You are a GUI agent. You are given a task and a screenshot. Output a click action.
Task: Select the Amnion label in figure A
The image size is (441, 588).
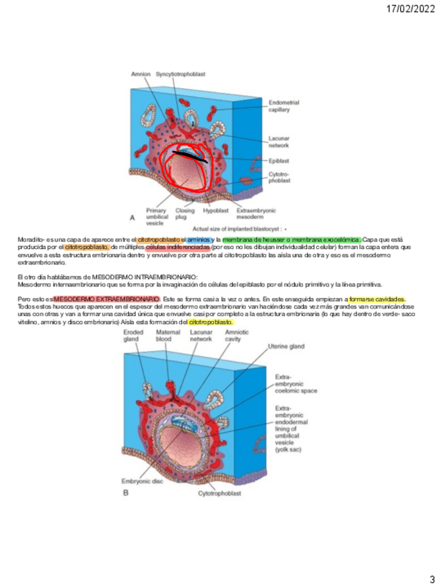click(x=141, y=73)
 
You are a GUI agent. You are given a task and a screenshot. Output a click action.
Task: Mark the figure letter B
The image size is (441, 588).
click(x=126, y=493)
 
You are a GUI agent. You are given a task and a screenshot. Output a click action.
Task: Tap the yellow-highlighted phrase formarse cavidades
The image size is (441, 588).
click(x=377, y=299)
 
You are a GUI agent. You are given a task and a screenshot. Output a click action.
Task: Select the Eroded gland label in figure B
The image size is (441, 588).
click(x=133, y=336)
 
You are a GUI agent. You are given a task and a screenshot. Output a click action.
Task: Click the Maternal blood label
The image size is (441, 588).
click(x=168, y=336)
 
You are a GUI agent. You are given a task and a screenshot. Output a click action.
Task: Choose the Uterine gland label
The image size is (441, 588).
click(x=286, y=346)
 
